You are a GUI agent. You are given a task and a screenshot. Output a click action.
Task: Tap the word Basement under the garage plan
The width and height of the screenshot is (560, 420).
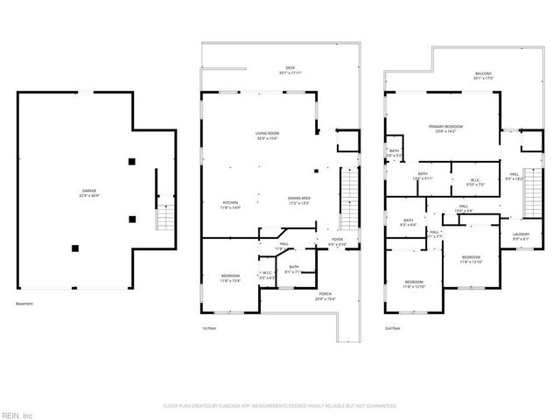pos(25,304)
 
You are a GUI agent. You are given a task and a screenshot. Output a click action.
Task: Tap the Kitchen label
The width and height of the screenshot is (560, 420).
pos(230,205)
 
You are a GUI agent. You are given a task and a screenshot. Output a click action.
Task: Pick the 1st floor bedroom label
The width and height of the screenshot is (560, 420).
pos(230,277)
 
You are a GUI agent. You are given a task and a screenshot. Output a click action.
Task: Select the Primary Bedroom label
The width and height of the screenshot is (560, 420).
pos(445,129)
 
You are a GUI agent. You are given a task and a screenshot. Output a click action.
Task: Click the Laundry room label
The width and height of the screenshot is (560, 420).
pos(520,235)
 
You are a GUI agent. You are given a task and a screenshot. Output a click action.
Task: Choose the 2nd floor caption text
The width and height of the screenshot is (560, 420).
pos(393,328)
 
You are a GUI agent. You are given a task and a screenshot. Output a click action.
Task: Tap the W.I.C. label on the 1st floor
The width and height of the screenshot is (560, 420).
pos(266,274)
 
